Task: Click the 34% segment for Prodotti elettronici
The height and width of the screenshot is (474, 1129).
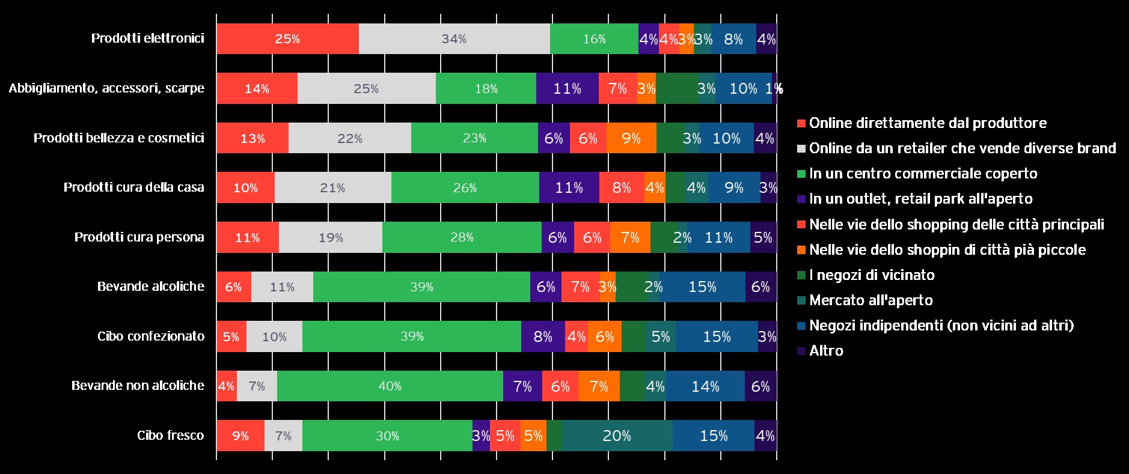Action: (454, 39)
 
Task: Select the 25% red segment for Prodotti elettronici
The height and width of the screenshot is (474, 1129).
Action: (287, 39)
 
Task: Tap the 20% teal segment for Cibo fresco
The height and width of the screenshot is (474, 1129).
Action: (617, 436)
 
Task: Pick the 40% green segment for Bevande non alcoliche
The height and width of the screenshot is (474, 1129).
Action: (390, 386)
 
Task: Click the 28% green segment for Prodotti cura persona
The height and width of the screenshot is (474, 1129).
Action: (462, 237)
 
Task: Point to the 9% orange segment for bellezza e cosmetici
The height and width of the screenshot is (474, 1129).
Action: (631, 138)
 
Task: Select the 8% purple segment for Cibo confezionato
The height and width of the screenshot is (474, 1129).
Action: (543, 336)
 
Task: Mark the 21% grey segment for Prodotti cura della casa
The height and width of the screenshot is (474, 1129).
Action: (332, 188)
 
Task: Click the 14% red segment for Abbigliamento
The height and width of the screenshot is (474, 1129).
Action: (257, 89)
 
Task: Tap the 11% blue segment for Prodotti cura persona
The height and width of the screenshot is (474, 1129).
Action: (718, 237)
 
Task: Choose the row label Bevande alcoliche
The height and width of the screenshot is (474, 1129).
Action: (150, 287)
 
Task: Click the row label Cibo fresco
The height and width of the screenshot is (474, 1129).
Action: (170, 436)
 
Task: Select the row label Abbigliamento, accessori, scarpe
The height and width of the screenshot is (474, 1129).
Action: (106, 88)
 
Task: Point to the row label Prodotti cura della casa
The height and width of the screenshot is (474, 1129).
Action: (133, 187)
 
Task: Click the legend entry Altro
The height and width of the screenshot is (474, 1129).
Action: (826, 351)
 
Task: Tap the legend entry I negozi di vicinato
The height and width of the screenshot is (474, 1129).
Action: (872, 275)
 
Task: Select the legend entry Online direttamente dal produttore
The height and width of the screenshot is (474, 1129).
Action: (928, 123)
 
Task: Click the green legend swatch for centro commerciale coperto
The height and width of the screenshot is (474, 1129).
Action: (801, 174)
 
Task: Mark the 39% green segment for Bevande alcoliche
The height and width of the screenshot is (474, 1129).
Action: (421, 287)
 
